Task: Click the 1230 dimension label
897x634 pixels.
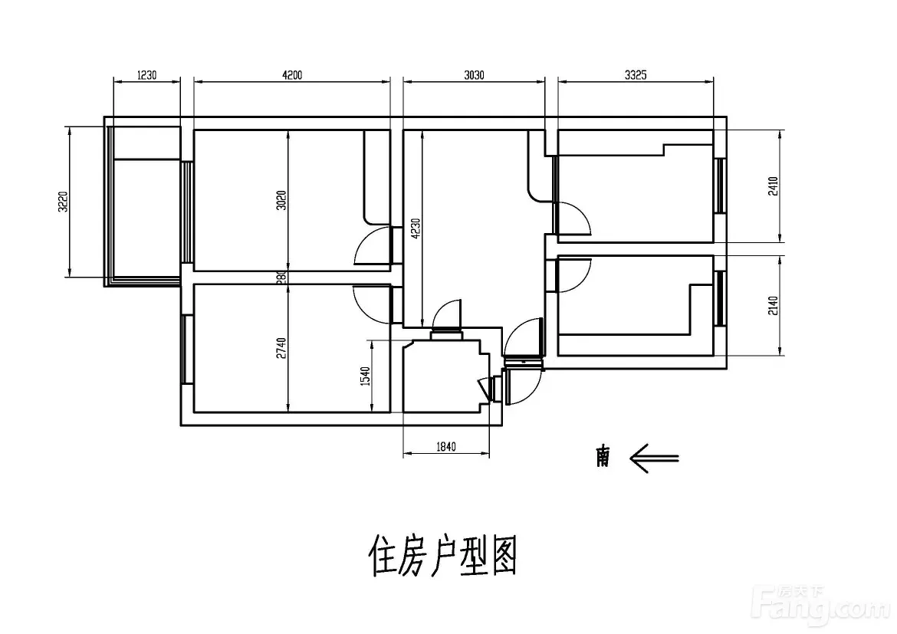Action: pyautogui.click(x=146, y=75)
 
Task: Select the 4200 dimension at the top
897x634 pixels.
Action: pyautogui.click(x=292, y=75)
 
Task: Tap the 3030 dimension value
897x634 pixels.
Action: pyautogui.click(x=474, y=75)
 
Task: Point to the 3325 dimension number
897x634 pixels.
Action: pyautogui.click(x=636, y=75)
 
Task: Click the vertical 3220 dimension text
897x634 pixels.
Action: pyautogui.click(x=64, y=202)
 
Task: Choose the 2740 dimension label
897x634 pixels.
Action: pyautogui.click(x=281, y=349)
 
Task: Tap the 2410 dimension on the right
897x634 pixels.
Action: pyautogui.click(x=774, y=187)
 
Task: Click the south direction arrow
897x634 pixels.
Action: pyautogui.click(x=654, y=458)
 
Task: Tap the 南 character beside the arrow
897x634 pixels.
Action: pyautogui.click(x=603, y=458)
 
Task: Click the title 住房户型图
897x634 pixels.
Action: pyautogui.click(x=443, y=556)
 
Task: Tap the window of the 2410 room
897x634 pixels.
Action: pyautogui.click(x=720, y=186)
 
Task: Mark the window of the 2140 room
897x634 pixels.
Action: pyautogui.click(x=720, y=298)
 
